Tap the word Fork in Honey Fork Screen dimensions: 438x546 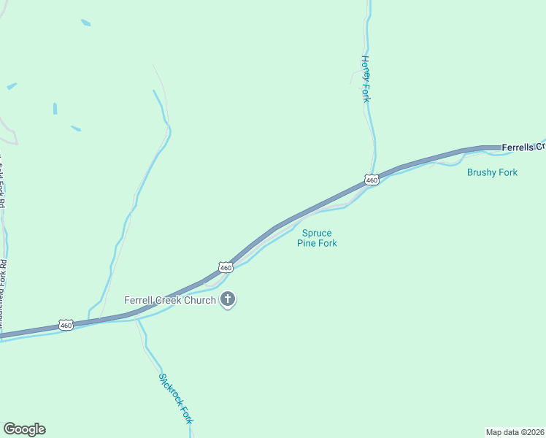tap(366, 93)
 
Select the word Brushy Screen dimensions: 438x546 tap(482, 173)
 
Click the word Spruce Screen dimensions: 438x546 tap(317, 233)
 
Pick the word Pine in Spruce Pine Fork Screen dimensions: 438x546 tap(306, 243)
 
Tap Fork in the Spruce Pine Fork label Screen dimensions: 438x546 tap(327, 243)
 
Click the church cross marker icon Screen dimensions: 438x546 tap(228, 299)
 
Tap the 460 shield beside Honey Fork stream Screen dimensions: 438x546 tap(372, 180)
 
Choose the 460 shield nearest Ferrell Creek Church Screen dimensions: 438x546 tap(226, 268)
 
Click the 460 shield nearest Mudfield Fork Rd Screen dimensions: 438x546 tap(66, 325)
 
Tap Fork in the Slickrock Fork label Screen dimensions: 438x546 tap(188, 415)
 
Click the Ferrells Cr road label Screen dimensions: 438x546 tap(523, 147)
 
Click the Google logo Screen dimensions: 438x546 tap(24, 429)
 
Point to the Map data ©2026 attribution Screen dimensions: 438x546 tap(515, 431)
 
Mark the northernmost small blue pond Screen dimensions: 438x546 tap(85, 23)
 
